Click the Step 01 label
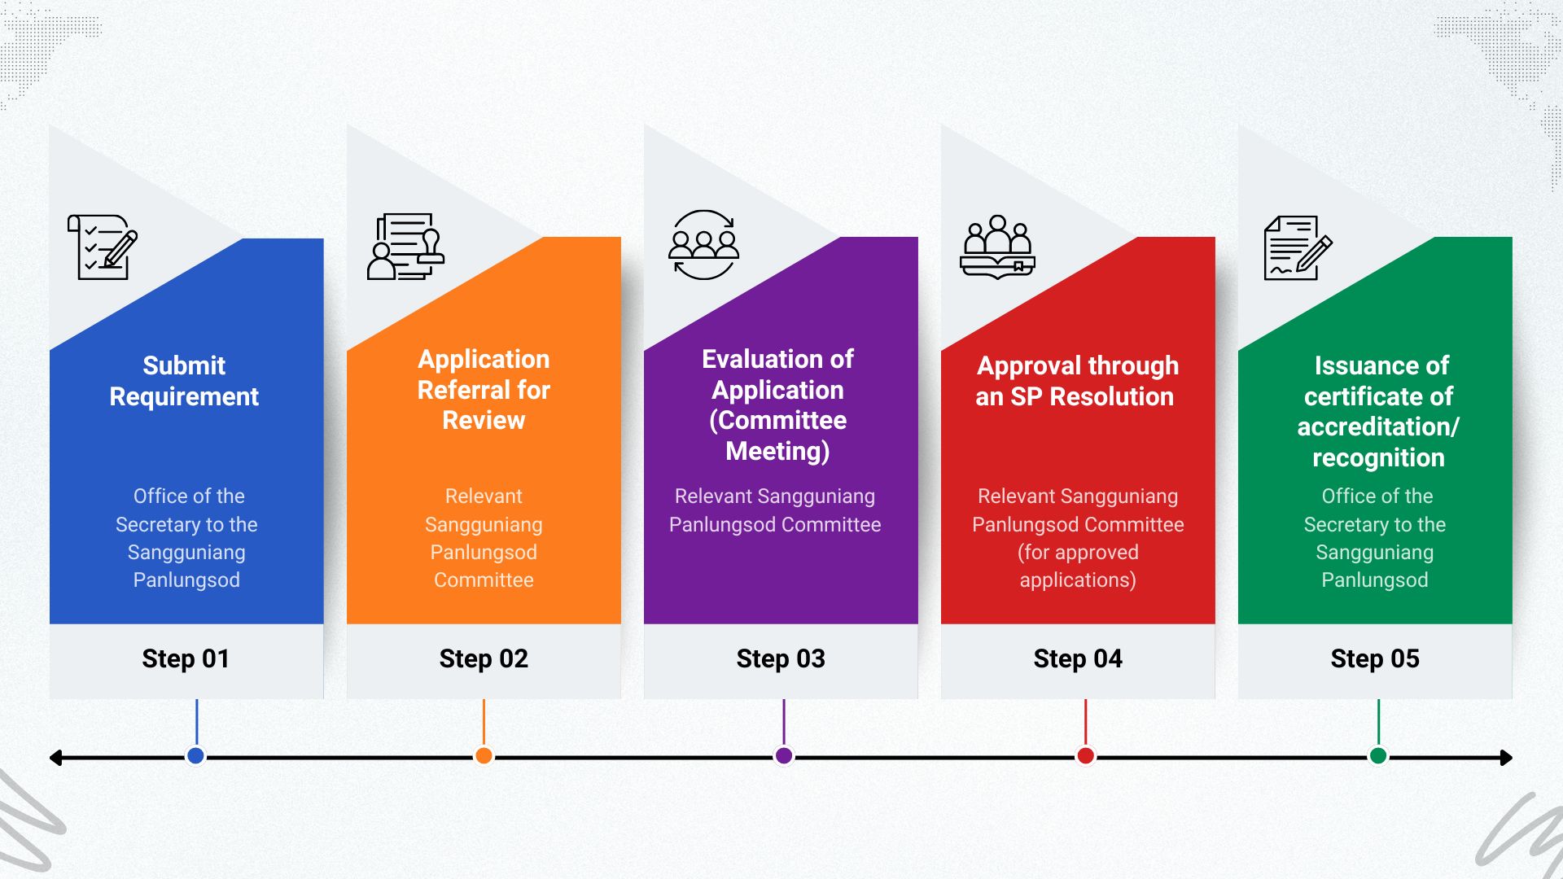tap(186, 658)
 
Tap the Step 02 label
tap(484, 658)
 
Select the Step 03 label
tap(781, 658)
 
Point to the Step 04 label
tap(1078, 658)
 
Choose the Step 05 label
tap(1375, 658)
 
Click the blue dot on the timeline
tap(195, 756)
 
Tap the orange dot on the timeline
tap(484, 756)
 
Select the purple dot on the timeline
tap(784, 756)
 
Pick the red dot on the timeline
tap(1085, 756)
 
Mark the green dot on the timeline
tap(1378, 756)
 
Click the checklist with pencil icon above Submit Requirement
tap(103, 247)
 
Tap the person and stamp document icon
tap(405, 247)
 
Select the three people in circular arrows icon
tap(703, 245)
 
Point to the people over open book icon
tap(997, 247)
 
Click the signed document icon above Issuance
tap(1298, 248)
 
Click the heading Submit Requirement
tap(184, 381)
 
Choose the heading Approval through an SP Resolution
tap(1077, 381)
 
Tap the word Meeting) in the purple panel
tap(777, 451)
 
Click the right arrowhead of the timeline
tap(1507, 758)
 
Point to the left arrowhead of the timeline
tap(55, 758)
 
